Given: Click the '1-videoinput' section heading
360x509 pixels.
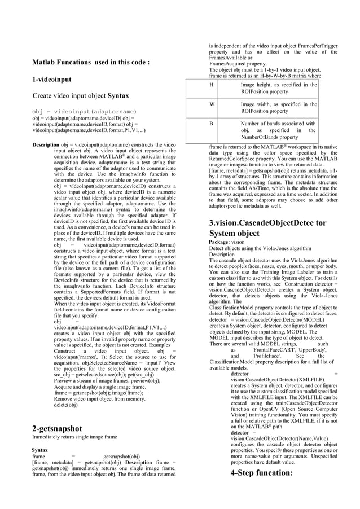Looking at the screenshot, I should pos(56,80).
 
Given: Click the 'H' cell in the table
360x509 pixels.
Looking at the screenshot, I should pos(212,85).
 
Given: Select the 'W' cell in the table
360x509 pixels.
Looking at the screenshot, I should pos(212,104).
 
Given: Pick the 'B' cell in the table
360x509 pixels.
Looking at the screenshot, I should pos(212,123).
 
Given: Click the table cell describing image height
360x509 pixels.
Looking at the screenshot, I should pos(278,88).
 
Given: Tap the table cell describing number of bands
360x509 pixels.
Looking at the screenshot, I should pos(278,130).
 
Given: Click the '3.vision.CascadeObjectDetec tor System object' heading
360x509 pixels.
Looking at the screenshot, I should pos(267,228).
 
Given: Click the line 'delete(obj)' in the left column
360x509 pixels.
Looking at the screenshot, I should pos(65,405).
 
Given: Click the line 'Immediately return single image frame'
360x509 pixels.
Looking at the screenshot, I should pos(74,437).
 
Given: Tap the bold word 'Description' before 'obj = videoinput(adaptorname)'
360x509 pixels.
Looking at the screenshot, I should pos(46,145).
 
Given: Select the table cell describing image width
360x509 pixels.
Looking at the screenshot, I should pos(278,108).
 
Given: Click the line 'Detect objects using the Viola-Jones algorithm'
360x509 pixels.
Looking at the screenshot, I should pos(260,248).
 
